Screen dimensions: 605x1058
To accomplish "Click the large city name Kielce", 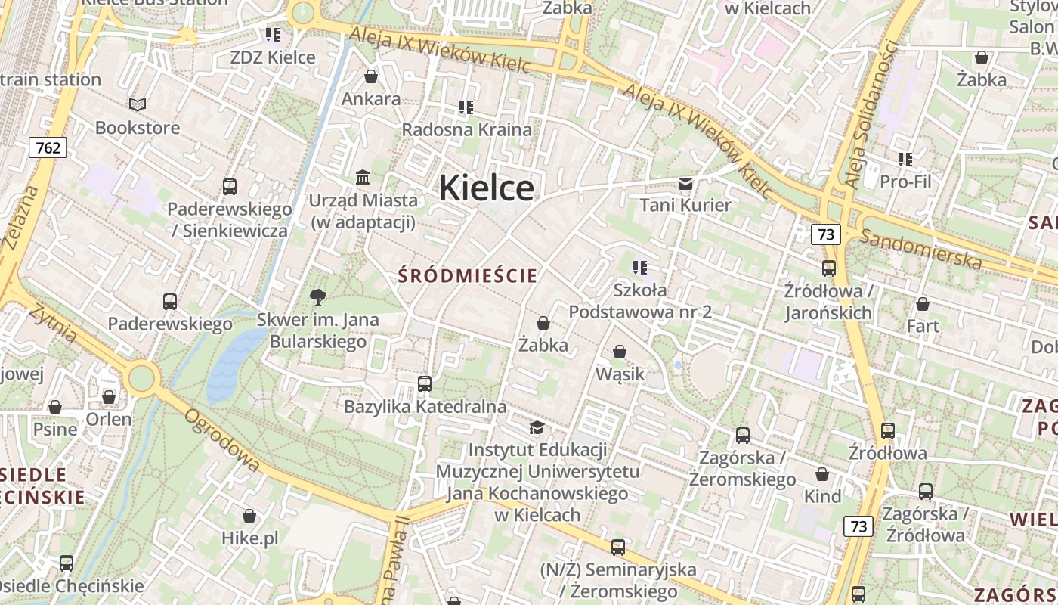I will point(486,188).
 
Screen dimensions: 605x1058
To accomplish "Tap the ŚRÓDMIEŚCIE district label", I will point(468,275).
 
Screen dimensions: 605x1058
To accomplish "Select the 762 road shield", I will point(48,147).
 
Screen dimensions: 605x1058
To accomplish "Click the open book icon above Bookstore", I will point(138,104).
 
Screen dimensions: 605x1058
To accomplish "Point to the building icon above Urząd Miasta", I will point(363,178).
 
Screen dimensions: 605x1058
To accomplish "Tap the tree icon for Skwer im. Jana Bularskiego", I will point(318,296).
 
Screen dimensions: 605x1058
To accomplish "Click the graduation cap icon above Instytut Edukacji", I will point(537,428).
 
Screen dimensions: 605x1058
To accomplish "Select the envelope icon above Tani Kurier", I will point(685,183).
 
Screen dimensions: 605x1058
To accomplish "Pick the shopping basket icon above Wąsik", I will point(620,352).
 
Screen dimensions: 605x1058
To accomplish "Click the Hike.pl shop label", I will point(250,538).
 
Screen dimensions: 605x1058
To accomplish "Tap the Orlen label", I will point(109,419).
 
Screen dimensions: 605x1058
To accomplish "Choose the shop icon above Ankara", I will point(371,76).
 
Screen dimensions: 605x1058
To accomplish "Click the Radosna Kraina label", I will point(466,129).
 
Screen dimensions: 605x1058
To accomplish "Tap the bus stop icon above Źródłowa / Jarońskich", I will point(829,268).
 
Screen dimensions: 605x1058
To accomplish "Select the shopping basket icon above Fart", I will point(923,304).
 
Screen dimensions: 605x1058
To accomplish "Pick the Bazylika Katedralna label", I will point(425,407).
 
